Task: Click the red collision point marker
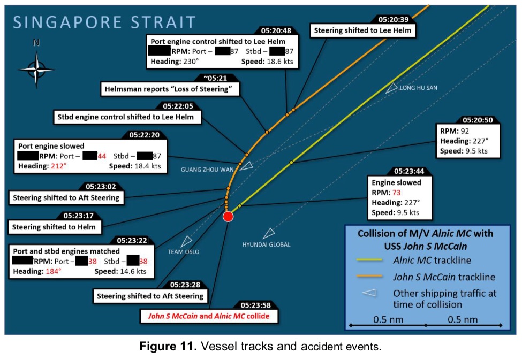(228, 216)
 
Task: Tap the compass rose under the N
(36, 68)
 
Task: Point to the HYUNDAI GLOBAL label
(266, 244)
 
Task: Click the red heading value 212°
(58, 166)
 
